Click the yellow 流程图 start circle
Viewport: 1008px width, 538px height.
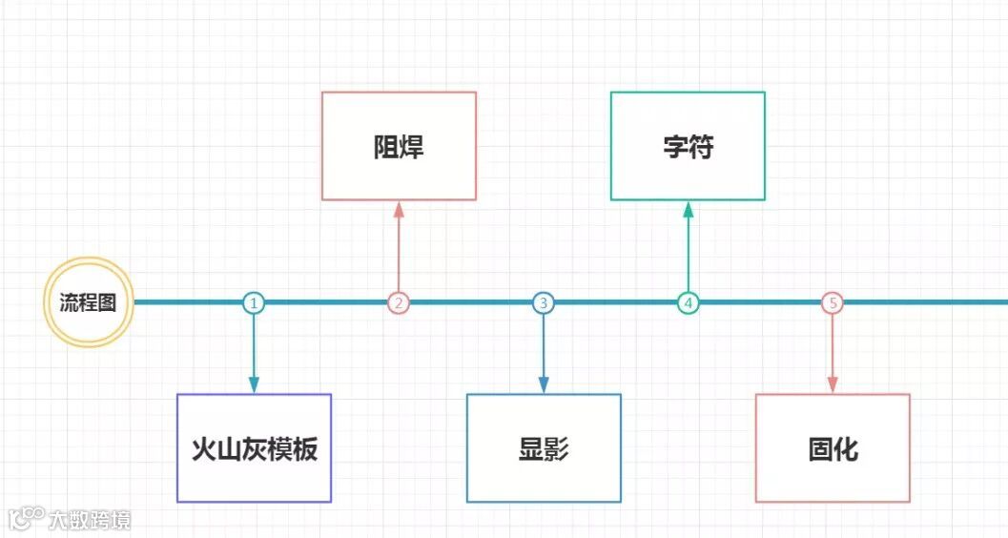click(89, 302)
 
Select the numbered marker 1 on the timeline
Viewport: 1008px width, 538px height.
click(253, 302)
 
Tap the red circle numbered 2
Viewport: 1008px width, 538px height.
click(399, 302)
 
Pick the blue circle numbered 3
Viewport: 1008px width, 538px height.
click(544, 302)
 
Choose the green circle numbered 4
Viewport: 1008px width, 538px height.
click(688, 302)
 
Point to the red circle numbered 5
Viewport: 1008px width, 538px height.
click(833, 302)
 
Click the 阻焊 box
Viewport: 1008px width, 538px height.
click(399, 146)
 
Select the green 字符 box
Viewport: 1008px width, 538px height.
click(688, 146)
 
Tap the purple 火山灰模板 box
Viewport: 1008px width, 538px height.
click(254, 448)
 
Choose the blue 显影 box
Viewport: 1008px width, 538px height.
click(544, 448)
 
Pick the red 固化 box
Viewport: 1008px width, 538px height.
click(833, 448)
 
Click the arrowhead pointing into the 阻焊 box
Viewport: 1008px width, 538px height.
click(399, 208)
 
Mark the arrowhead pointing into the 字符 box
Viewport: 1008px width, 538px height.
click(688, 208)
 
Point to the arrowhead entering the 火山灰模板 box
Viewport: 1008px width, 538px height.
click(254, 384)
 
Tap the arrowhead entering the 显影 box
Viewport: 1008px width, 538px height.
click(544, 384)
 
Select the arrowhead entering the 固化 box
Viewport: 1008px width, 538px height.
click(833, 384)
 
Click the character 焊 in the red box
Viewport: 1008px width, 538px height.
click(412, 147)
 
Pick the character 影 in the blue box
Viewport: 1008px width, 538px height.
click(557, 449)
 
